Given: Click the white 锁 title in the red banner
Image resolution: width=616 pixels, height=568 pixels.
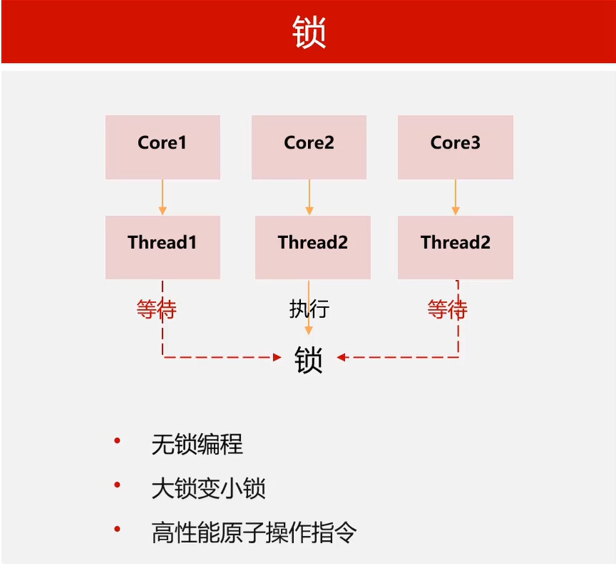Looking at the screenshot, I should [x=309, y=32].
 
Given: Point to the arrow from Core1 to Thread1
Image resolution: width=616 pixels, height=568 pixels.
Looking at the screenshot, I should [x=162, y=196].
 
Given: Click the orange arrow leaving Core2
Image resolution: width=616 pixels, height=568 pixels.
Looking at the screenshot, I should [x=309, y=196].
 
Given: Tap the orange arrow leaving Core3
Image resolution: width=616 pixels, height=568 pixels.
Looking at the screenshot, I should [x=455, y=196].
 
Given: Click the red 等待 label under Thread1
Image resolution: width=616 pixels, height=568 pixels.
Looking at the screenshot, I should [x=156, y=309].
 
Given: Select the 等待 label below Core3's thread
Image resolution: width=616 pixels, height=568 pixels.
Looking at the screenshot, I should [x=447, y=309].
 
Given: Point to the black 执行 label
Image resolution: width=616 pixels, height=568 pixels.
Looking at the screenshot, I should [x=309, y=309].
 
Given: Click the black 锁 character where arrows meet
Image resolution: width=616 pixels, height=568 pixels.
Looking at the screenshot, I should [x=309, y=359].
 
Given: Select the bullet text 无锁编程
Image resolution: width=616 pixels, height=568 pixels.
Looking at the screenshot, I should [x=197, y=445].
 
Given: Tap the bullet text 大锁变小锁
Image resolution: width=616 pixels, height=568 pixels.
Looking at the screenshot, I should [x=209, y=489].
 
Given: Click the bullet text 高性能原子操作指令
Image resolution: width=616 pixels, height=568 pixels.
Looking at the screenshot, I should [x=254, y=532].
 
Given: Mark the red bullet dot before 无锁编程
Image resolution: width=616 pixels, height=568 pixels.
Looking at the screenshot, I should [x=117, y=442].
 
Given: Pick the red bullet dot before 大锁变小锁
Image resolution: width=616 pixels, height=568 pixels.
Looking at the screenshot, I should [x=117, y=487].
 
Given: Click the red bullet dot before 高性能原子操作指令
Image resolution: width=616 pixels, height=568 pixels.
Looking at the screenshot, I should [x=117, y=529].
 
